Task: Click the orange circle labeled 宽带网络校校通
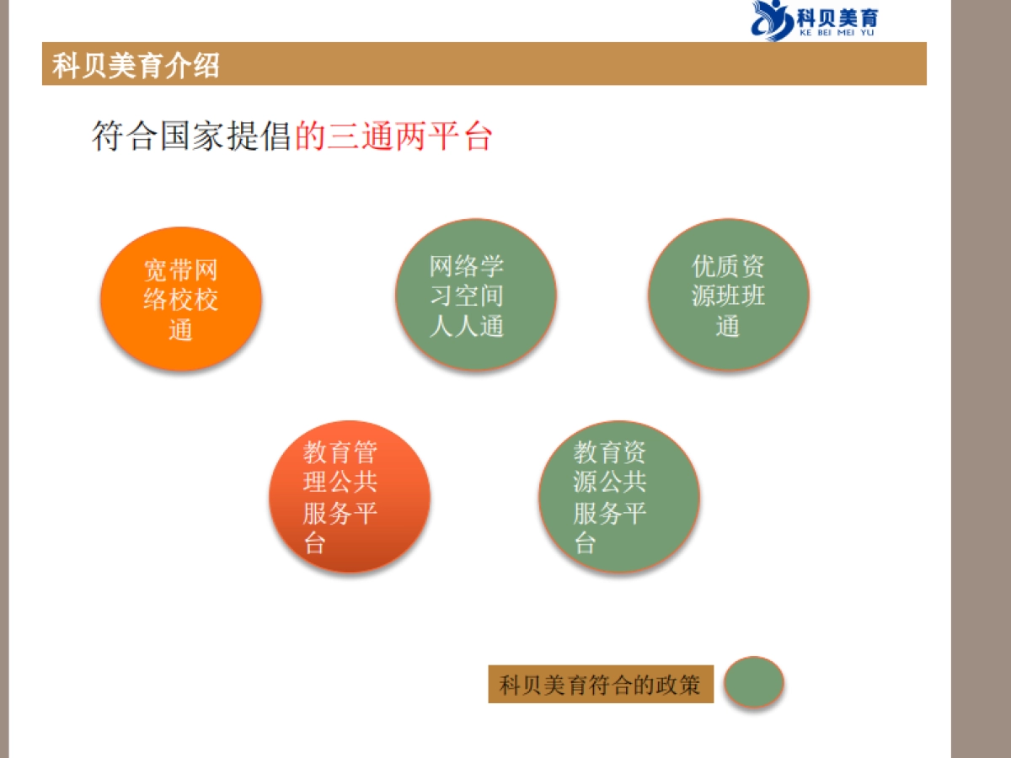[181, 299]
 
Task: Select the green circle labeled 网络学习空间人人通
[476, 295]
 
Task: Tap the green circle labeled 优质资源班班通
[729, 295]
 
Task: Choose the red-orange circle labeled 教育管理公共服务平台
[350, 497]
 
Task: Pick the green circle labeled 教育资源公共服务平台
[619, 497]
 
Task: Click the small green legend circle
[754, 681]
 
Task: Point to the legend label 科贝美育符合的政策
[601, 684]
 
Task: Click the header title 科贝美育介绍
[136, 65]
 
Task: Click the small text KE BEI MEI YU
[831, 33]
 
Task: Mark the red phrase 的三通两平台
[393, 136]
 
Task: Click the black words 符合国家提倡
[192, 136]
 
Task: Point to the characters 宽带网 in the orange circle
[181, 270]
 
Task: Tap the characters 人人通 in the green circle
[467, 326]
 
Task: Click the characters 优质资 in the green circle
[729, 267]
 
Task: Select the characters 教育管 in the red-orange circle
[340, 453]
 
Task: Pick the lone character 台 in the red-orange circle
[314, 543]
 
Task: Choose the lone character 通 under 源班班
[728, 326]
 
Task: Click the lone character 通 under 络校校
[181, 329]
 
